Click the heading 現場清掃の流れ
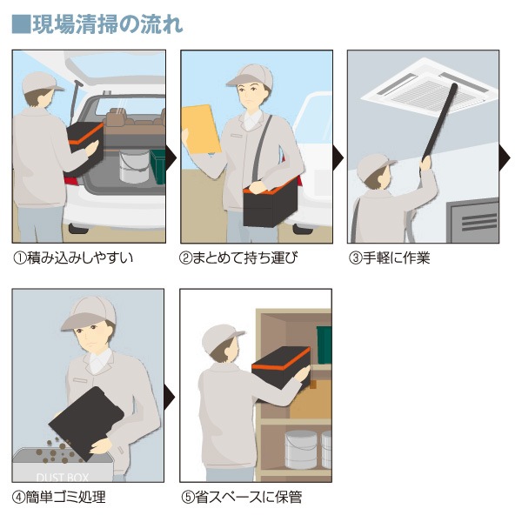coord(107,24)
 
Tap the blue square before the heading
coord(21,24)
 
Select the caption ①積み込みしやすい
coord(73,258)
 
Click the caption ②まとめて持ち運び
coord(238,258)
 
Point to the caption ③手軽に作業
coord(389,258)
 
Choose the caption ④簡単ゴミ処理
coord(59,497)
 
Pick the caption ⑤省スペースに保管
coord(242,497)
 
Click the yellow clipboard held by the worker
coord(201,129)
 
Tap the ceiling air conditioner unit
coord(430,87)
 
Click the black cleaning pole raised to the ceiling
coord(439,122)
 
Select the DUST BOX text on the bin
coord(63,478)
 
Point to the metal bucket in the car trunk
coord(134,166)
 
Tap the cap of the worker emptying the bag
coord(89,312)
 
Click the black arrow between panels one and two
coord(171,157)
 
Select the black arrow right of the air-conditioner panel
coord(505,157)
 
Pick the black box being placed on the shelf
coord(282,367)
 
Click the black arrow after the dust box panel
coord(170,396)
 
